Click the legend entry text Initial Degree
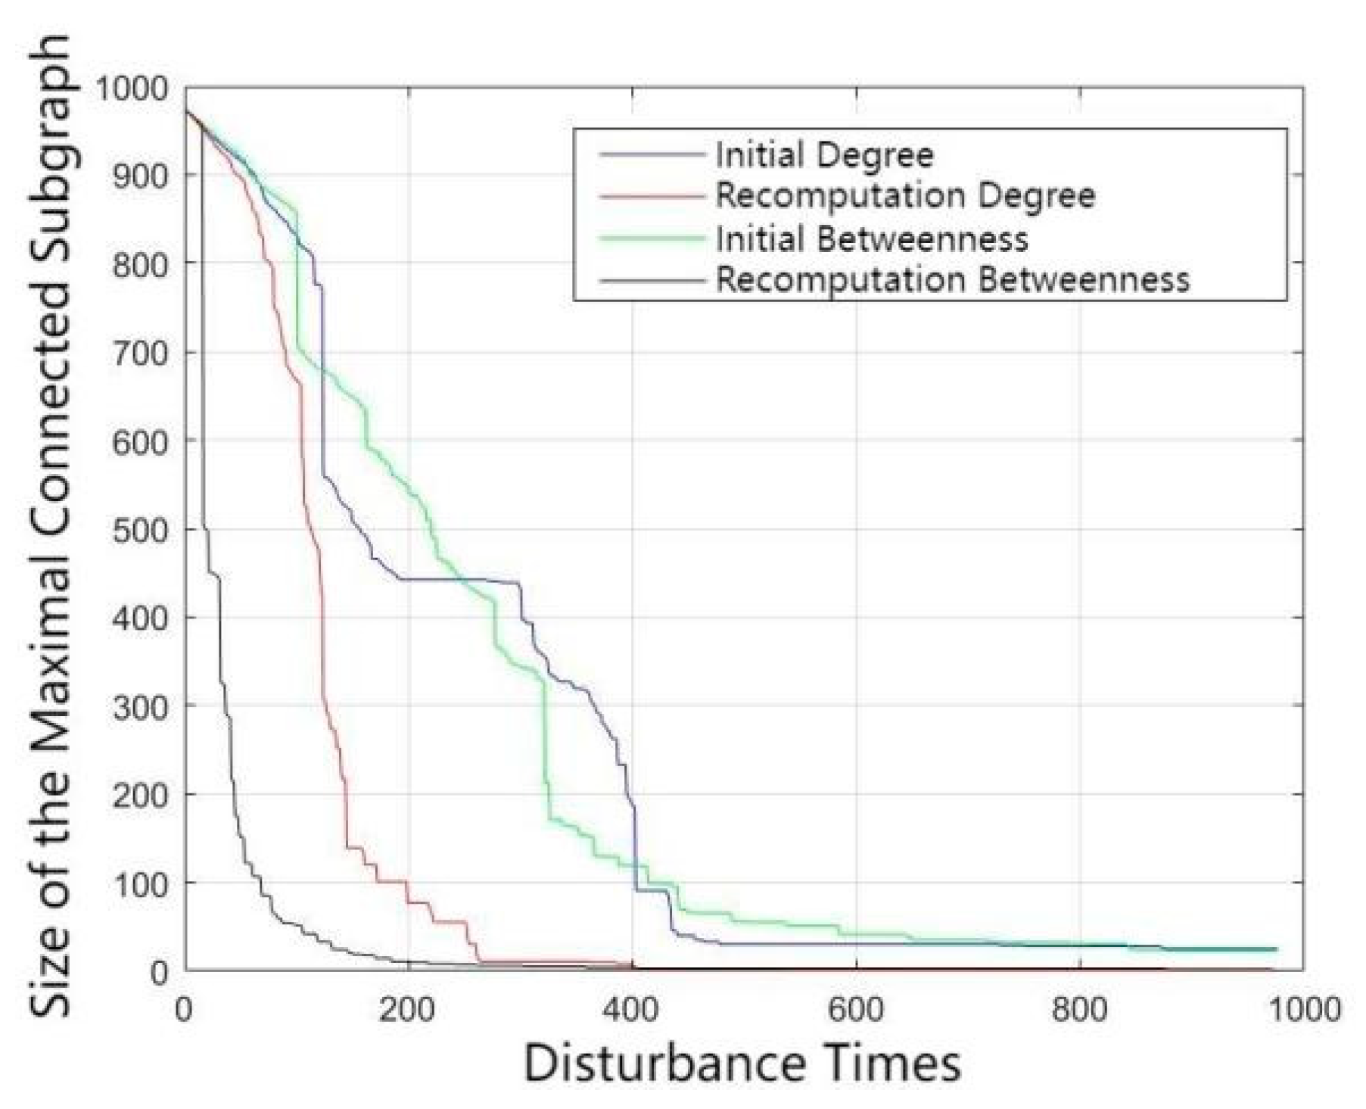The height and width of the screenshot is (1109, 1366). point(824,155)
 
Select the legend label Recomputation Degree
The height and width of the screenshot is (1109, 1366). point(905,196)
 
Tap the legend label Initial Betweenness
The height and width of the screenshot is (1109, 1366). point(872,239)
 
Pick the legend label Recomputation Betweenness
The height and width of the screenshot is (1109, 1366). point(953,280)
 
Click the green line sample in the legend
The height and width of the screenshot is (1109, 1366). point(652,239)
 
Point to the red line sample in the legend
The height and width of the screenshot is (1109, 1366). point(652,197)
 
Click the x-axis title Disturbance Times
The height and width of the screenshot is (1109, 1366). point(742,1064)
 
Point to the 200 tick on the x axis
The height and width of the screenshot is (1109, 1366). point(408,1010)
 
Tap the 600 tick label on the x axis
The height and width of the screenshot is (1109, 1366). point(856,1010)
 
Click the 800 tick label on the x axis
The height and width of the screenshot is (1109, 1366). point(1080,1010)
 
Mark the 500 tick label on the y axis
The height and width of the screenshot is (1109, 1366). point(139,529)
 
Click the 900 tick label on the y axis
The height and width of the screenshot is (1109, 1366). point(139,176)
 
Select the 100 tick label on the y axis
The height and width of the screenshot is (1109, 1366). point(139,883)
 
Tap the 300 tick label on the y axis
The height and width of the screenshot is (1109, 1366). point(139,706)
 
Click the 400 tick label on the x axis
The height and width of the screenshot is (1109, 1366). point(632,1010)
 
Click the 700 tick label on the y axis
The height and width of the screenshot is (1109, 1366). point(139,353)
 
